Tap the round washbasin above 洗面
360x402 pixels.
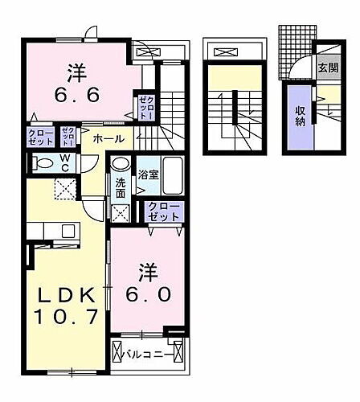(x=120, y=162)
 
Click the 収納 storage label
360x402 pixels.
(x=299, y=117)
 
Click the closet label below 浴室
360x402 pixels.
(x=164, y=211)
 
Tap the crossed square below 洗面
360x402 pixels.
(x=121, y=213)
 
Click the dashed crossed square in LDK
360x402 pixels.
(x=63, y=190)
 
